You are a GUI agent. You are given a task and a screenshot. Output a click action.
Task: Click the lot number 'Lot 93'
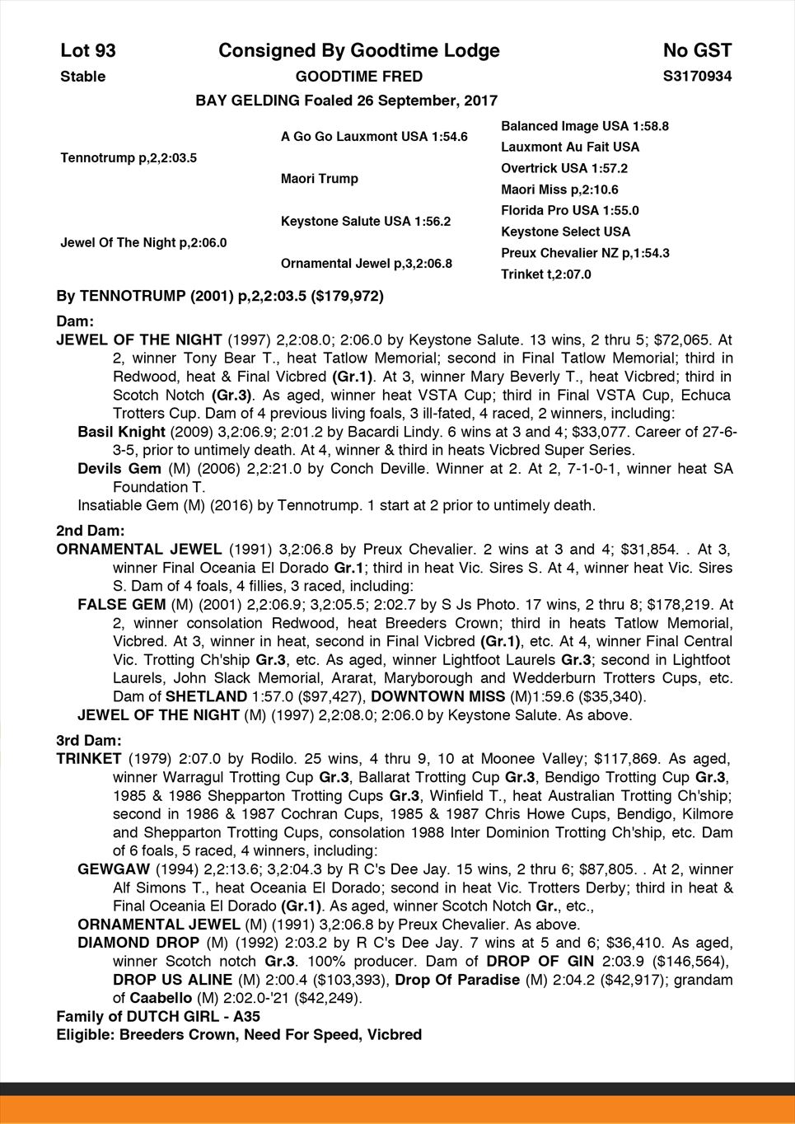[88, 51]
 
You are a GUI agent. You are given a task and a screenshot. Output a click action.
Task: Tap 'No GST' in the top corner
[697, 51]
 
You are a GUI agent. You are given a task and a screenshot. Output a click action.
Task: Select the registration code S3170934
[697, 77]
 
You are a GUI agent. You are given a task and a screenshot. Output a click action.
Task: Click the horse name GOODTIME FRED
[359, 77]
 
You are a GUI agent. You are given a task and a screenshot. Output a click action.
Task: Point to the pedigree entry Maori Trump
[320, 179]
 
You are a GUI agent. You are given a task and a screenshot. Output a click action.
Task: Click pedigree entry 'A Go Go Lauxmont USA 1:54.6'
[374, 136]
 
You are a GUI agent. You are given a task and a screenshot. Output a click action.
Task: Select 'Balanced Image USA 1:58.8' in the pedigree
[584, 126]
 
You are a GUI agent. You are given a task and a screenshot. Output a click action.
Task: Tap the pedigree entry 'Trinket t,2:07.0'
[545, 274]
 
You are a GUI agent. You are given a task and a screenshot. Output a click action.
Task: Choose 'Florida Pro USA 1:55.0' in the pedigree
[569, 211]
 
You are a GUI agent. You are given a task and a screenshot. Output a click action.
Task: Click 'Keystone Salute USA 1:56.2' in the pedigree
[366, 222]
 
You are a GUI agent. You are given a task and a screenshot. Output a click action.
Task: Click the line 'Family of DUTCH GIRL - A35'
[158, 1017]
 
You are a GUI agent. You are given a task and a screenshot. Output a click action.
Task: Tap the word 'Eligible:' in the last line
[85, 1035]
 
